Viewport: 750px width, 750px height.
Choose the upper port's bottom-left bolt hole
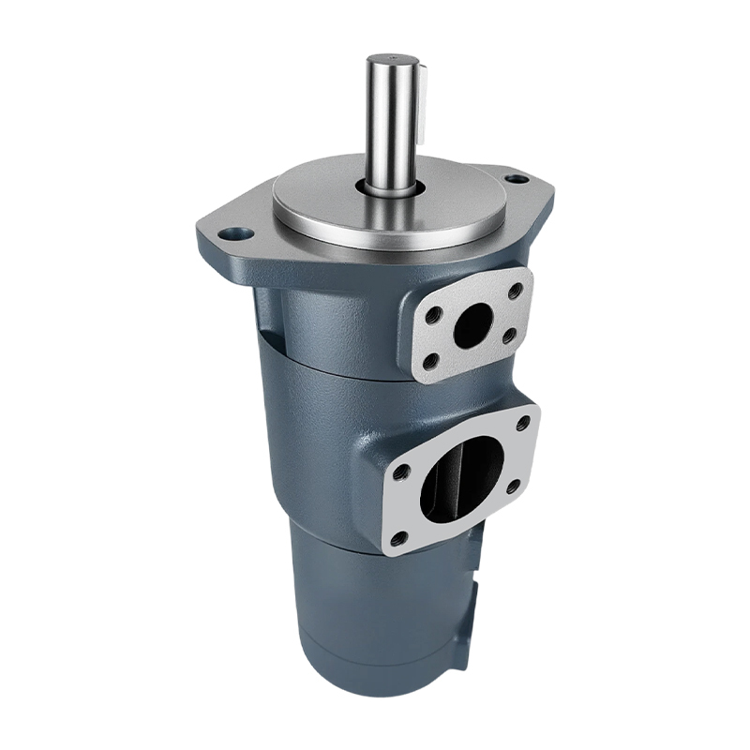tap(432, 359)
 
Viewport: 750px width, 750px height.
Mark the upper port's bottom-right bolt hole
tap(511, 335)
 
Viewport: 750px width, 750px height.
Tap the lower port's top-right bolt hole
tap(522, 424)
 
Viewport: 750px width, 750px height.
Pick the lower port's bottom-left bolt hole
tap(400, 537)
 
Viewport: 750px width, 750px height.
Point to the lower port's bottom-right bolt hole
tap(513, 486)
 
